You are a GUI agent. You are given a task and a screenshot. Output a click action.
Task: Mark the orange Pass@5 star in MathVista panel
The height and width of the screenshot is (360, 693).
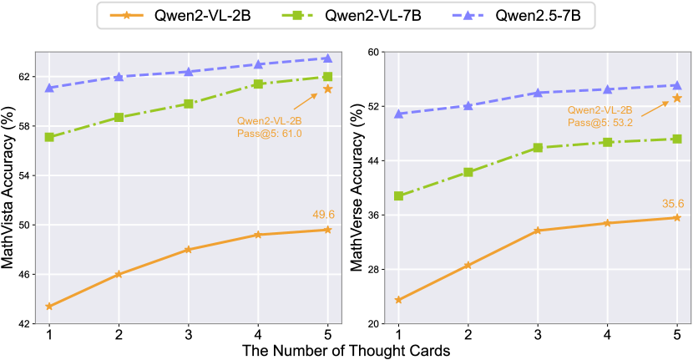coord(328,89)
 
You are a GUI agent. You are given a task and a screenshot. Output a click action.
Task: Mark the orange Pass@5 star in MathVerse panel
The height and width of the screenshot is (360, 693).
coord(677,99)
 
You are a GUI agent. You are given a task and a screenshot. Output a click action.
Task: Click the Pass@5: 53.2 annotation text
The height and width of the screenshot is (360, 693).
coord(599,122)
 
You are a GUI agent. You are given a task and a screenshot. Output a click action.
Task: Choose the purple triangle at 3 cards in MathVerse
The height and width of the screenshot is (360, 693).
coord(538,93)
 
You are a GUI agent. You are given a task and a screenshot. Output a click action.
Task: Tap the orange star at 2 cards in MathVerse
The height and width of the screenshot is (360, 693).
coord(468,265)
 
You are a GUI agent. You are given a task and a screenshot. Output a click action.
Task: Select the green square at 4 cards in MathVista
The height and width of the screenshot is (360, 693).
coord(259,84)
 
